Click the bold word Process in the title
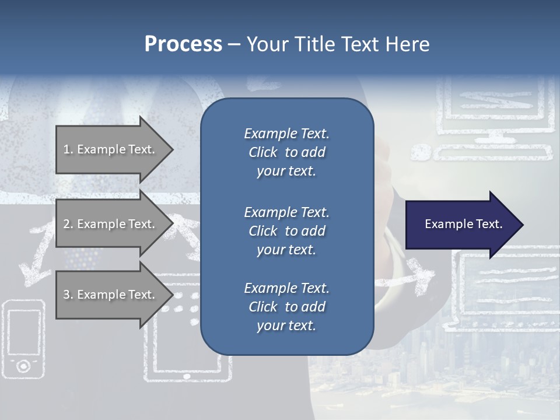coord(183,44)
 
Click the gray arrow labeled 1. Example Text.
coord(111,149)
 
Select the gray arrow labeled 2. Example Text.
coord(111,224)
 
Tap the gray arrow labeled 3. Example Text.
coord(111,295)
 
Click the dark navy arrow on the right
coord(461,224)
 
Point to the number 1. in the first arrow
coord(68,149)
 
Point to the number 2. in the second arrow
coord(68,224)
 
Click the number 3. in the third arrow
coord(68,295)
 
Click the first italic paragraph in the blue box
coord(286,152)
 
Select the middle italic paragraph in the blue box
coord(286,231)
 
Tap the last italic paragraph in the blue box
coord(286,307)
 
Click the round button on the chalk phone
coord(23,366)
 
